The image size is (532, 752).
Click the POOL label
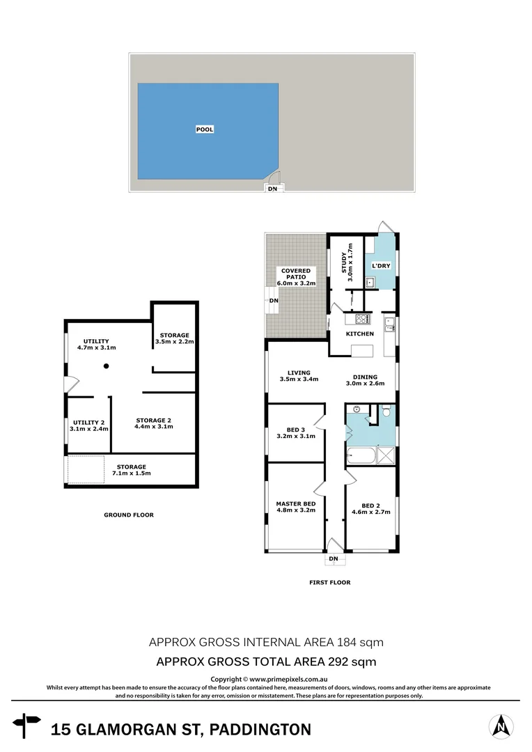click(x=204, y=130)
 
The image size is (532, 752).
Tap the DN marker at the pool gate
click(x=272, y=188)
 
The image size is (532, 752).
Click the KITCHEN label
click(x=361, y=334)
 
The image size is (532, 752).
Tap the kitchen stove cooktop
click(x=363, y=320)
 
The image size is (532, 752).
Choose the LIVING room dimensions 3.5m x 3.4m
click(x=299, y=379)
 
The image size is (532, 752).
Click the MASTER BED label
click(x=295, y=503)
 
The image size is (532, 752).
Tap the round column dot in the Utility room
click(x=106, y=366)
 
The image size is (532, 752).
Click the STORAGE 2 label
click(x=154, y=420)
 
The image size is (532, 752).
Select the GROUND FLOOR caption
click(x=129, y=515)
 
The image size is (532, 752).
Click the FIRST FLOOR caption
click(x=329, y=582)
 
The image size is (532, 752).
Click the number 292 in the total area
click(x=332, y=661)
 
